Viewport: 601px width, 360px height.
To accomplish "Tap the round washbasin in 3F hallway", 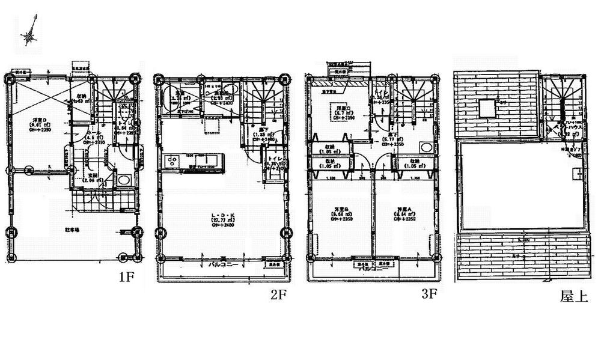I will coord(426,147).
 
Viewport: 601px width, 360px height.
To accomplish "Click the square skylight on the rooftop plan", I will coord(487,108).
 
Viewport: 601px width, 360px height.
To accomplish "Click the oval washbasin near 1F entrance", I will coord(124,179).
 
